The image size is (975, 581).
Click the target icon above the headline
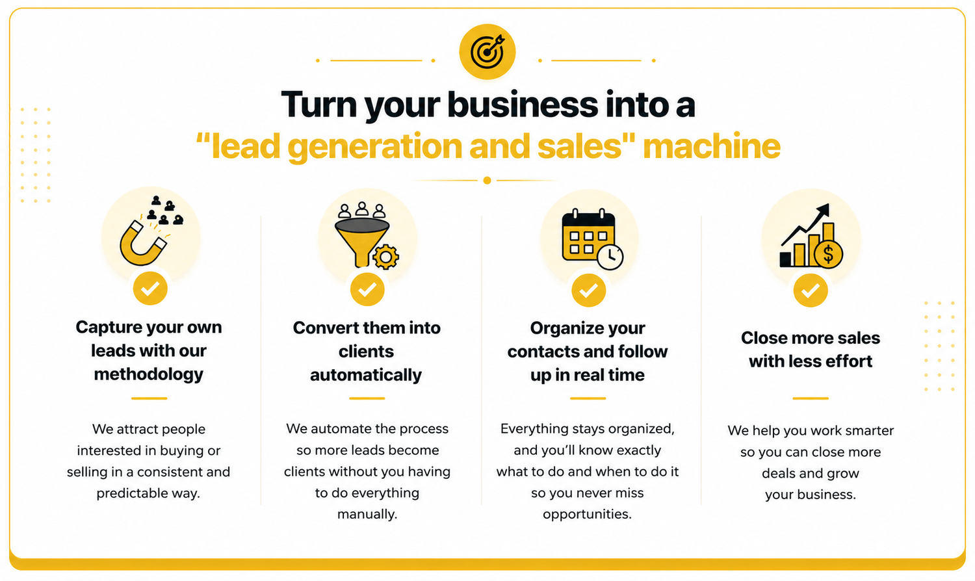487,52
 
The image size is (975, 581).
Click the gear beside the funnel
385,257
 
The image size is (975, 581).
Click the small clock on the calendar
610,257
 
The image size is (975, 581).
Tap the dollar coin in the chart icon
828,254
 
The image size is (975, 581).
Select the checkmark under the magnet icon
150,288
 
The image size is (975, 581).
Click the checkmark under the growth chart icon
811,290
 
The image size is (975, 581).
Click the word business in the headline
523,105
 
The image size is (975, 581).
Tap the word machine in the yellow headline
712,146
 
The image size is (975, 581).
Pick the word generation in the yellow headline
374,147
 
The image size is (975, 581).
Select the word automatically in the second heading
366,376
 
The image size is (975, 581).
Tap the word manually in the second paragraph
367,515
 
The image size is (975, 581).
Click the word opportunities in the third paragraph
587,515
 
